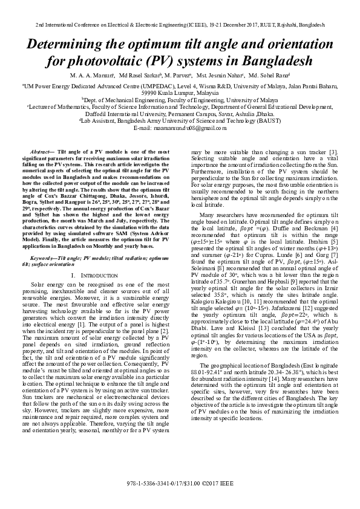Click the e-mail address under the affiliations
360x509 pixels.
click(180, 128)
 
